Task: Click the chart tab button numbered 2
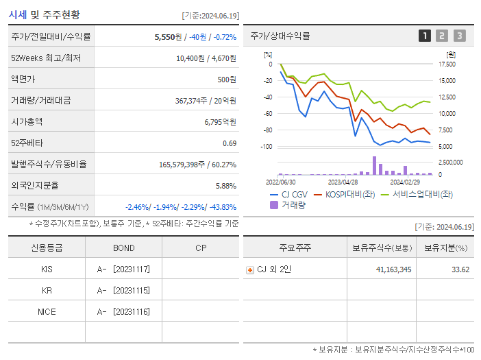point(442,36)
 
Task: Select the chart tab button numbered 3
point(459,36)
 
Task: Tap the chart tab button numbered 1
point(425,36)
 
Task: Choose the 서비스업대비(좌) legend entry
point(416,194)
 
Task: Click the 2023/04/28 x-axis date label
point(343,182)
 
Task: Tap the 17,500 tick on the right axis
point(446,64)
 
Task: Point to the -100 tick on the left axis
point(267,147)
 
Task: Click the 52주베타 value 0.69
point(230,143)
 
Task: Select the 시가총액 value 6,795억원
point(220,122)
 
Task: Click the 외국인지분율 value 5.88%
point(225,186)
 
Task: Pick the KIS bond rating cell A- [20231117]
point(124,269)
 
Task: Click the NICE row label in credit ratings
point(47,312)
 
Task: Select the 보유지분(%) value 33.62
point(460,269)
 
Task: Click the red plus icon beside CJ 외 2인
point(250,270)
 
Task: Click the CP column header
point(201,248)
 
